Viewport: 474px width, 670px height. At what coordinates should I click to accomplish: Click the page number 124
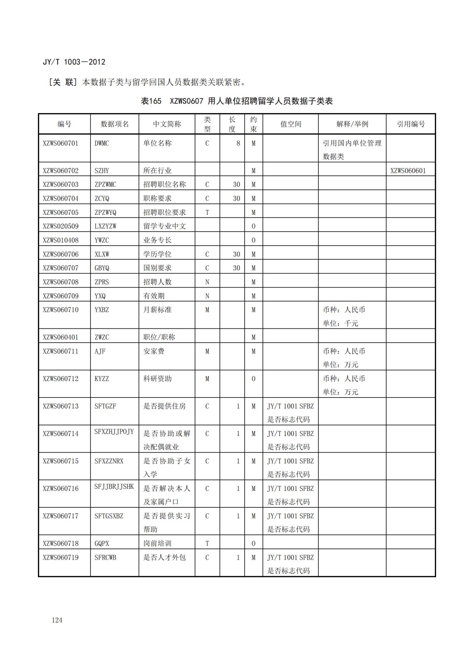(x=57, y=620)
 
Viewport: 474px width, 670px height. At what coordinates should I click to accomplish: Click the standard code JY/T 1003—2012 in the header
(x=74, y=62)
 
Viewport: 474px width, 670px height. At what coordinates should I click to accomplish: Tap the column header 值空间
(x=291, y=124)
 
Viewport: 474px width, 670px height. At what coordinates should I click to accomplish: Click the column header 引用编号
(x=411, y=124)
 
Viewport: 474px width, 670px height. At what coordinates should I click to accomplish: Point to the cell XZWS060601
(x=408, y=171)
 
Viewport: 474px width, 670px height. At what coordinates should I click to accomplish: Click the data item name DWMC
(x=102, y=143)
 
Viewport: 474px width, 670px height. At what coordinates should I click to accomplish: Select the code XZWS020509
(x=61, y=226)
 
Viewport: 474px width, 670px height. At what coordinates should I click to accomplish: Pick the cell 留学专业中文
(x=164, y=226)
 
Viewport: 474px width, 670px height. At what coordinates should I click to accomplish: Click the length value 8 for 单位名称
(x=238, y=143)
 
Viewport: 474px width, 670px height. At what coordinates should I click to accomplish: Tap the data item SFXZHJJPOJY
(x=114, y=432)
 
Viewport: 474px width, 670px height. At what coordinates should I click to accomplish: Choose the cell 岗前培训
(x=157, y=543)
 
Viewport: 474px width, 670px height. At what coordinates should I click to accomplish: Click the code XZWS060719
(x=61, y=557)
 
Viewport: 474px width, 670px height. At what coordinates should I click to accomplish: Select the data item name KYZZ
(x=102, y=379)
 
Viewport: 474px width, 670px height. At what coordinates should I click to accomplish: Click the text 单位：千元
(x=340, y=323)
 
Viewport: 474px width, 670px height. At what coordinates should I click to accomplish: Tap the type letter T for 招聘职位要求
(x=207, y=212)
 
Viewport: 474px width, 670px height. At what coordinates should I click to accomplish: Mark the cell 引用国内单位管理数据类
(x=352, y=150)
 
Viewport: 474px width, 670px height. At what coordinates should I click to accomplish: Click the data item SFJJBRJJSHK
(x=114, y=487)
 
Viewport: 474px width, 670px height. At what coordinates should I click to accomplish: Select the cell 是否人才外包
(x=164, y=557)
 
